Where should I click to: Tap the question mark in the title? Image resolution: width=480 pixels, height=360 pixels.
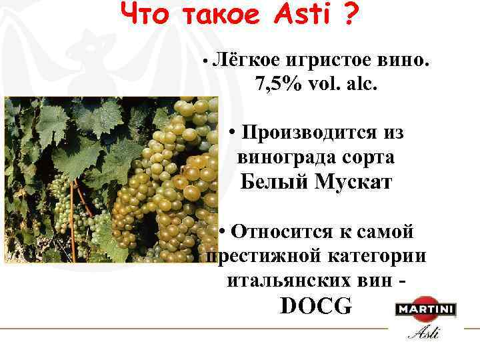point(349,15)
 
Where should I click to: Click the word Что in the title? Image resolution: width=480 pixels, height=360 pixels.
point(146,15)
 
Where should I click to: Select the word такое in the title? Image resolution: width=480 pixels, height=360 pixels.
point(220,15)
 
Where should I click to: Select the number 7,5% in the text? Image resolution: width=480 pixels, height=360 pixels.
point(276,85)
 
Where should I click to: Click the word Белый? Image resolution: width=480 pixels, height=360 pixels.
point(272,181)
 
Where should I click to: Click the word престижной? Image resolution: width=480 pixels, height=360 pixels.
point(259,257)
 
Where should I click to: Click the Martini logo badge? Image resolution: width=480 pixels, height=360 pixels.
point(425,310)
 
